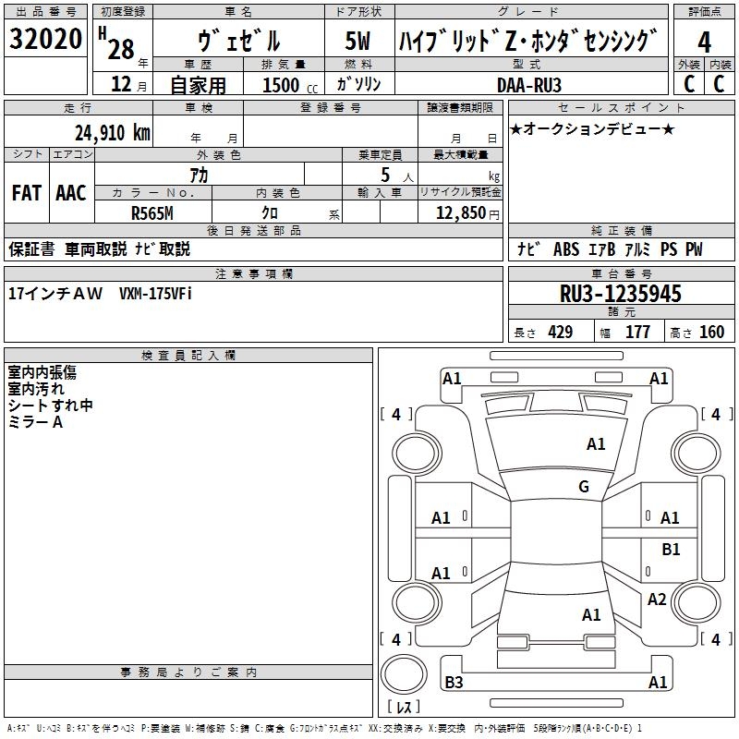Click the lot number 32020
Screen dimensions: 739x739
tap(46, 40)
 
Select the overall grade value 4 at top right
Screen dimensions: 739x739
tap(704, 42)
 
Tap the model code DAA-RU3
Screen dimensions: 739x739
tap(541, 84)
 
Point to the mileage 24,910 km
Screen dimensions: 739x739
tap(112, 132)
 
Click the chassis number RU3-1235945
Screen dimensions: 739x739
tap(621, 294)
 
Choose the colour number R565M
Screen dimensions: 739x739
tap(153, 212)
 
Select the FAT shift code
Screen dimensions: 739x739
tap(27, 192)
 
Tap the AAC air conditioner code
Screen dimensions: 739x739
tap(71, 192)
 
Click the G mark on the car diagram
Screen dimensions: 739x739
tap(584, 487)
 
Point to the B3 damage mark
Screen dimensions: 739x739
tap(454, 683)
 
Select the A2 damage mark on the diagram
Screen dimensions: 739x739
tap(657, 600)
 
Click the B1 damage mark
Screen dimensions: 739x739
tap(671, 550)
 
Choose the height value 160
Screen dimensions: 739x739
tap(711, 333)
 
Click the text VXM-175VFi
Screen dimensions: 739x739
tap(155, 293)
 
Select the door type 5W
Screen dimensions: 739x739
tap(359, 42)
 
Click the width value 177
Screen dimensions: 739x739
tap(637, 333)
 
